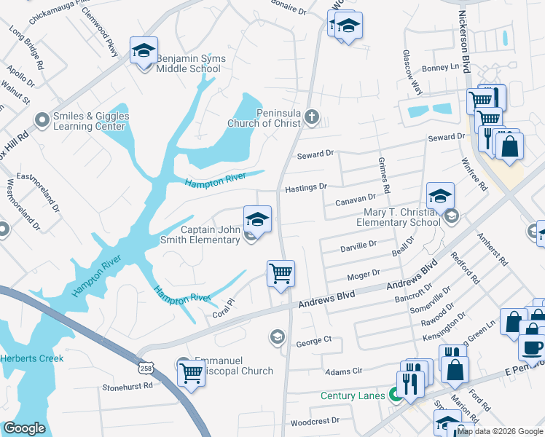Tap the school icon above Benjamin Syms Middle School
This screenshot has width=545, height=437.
(144, 51)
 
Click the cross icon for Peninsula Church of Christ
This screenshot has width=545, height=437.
(311, 116)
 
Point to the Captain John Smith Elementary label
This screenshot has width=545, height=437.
(211, 235)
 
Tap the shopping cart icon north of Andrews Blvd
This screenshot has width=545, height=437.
(281, 274)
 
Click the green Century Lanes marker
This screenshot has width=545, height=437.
(396, 396)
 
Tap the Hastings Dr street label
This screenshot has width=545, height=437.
(306, 187)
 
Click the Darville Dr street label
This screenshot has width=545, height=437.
(358, 247)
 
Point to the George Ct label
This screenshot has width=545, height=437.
(313, 340)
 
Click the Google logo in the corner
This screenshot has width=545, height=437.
(24, 428)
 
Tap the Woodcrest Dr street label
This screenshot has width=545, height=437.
(315, 421)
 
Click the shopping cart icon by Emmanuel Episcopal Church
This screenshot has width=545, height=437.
(191, 373)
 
